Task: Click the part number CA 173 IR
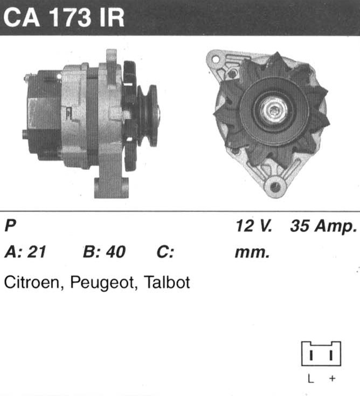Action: point(64,17)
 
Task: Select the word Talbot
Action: point(167,282)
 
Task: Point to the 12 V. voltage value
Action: point(254,226)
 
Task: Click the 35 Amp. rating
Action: point(324,226)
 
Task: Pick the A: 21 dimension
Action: point(25,251)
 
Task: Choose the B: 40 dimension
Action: point(104,251)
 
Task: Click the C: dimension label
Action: point(165,252)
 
